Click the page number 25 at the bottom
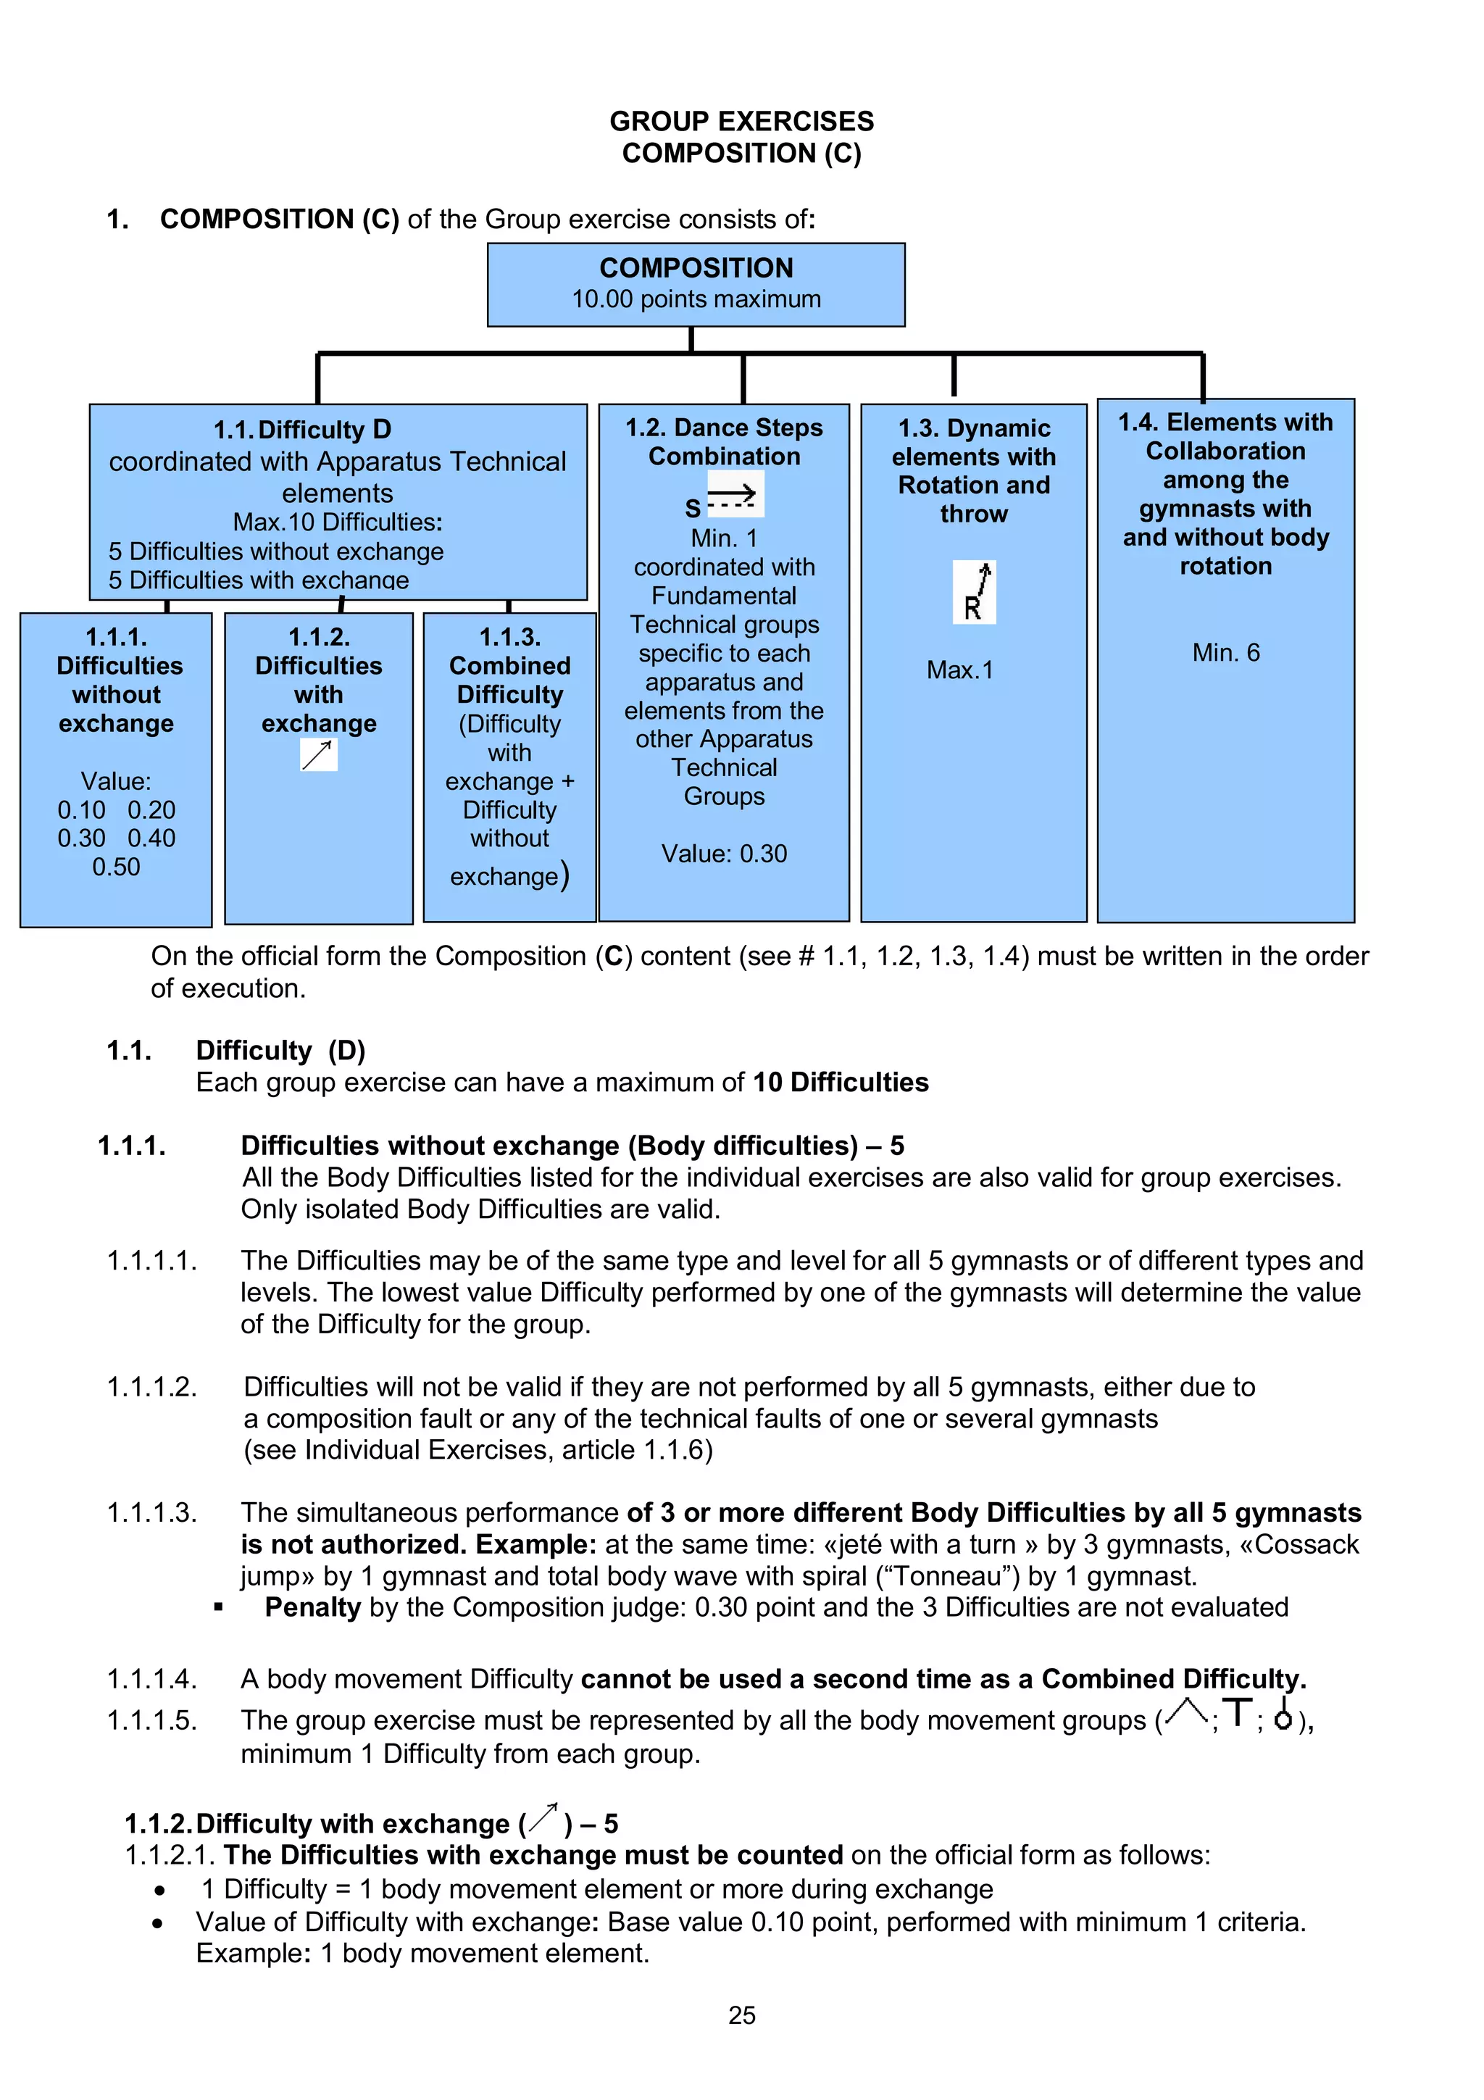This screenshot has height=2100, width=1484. point(741,2015)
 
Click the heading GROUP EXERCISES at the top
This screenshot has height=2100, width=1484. point(741,121)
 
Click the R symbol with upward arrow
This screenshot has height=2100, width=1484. point(975,592)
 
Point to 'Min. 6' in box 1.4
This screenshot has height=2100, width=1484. point(1225,652)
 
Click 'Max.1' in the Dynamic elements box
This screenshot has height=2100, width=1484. point(959,670)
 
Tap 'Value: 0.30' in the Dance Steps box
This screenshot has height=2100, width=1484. point(724,854)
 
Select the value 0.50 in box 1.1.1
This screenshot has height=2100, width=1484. point(116,867)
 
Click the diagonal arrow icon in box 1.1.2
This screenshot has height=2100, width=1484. point(318,754)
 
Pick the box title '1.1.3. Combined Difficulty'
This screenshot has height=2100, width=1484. point(510,665)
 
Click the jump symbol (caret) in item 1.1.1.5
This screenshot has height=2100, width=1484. point(1187,1713)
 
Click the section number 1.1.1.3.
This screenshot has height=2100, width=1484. point(151,1513)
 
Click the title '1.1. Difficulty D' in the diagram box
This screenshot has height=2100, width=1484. point(301,430)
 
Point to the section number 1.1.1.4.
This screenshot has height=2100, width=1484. point(151,1679)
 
